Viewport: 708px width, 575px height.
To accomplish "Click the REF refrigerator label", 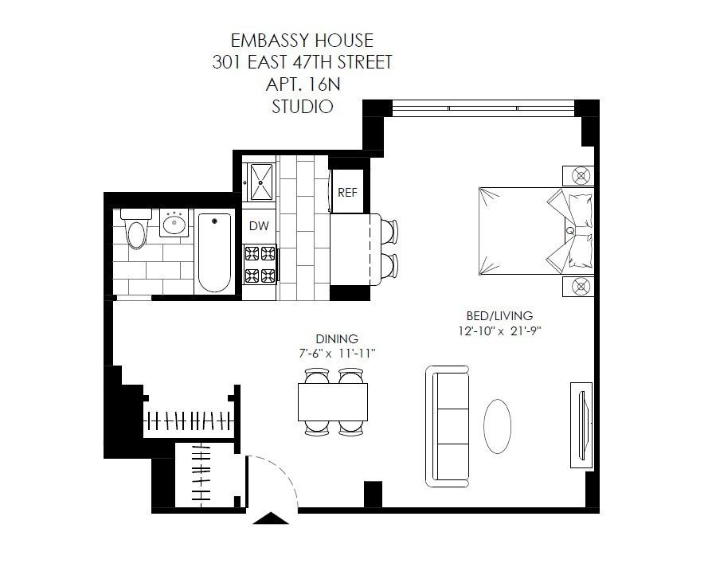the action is [347, 193].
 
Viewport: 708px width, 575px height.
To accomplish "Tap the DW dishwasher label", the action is [259, 226].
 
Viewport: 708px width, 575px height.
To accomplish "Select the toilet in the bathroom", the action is [136, 228].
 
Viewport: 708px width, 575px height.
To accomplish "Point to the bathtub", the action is [214, 252].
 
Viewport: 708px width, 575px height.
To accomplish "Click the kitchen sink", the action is [261, 182].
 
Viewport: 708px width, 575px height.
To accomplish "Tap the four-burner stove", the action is [260, 264].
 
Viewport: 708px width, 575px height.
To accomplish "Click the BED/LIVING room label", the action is [499, 315].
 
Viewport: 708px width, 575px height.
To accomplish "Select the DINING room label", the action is [337, 338].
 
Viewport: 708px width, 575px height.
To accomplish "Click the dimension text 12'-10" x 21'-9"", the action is [499, 331].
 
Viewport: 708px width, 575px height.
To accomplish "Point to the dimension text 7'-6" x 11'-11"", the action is [337, 354].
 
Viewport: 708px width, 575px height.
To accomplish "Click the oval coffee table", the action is [497, 425].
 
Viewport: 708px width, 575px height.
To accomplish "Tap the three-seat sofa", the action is [447, 426].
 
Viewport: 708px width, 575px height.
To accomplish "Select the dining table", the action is [333, 402].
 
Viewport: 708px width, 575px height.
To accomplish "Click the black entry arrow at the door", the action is [271, 518].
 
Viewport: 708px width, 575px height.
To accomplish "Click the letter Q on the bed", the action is [569, 231].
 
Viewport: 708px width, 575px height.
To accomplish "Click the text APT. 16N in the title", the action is [303, 84].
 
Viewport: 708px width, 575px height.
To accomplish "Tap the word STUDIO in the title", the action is [303, 107].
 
